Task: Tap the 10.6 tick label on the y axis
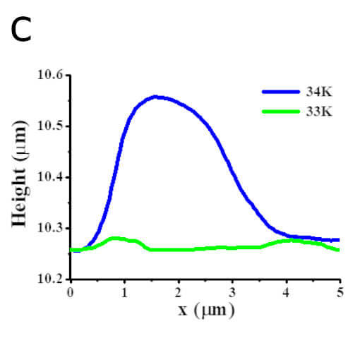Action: tap(50, 76)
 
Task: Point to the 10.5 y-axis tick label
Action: tap(50, 126)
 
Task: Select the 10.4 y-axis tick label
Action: tap(50, 177)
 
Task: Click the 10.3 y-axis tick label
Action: tap(50, 228)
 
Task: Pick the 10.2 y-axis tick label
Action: tap(50, 280)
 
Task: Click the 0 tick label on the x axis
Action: tap(70, 291)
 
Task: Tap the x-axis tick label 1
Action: tap(124, 291)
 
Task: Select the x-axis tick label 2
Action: tap(178, 291)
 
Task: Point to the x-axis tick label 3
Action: tap(232, 291)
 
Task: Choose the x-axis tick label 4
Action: tap(286, 291)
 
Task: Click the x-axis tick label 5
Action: tap(340, 291)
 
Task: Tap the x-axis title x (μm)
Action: tap(205, 309)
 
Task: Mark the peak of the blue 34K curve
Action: tap(156, 97)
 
